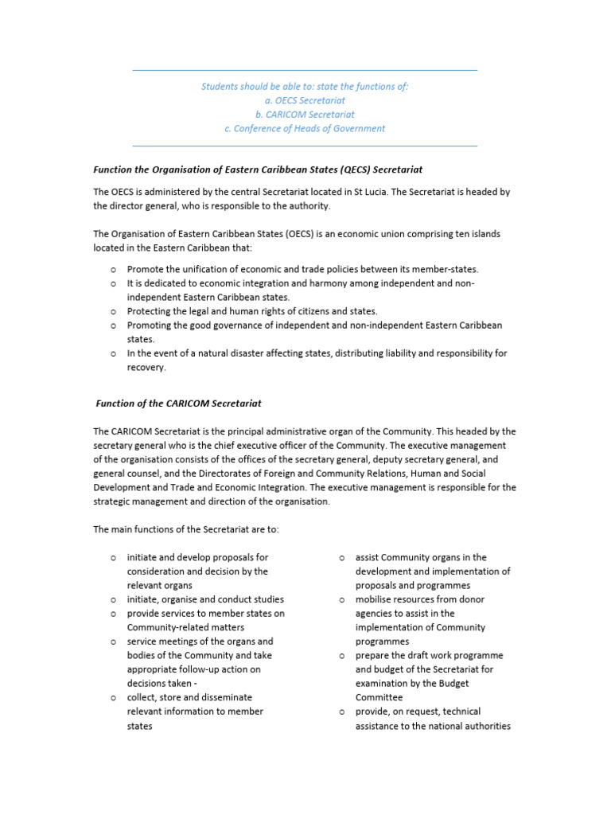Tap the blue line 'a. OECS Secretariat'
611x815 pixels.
coord(305,100)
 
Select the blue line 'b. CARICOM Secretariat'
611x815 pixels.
coord(305,114)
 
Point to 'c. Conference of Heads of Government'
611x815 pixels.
coord(305,128)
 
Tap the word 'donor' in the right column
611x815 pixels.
coord(471,599)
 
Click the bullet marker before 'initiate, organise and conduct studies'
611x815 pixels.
coord(113,599)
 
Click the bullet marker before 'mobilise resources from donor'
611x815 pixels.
coord(341,599)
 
